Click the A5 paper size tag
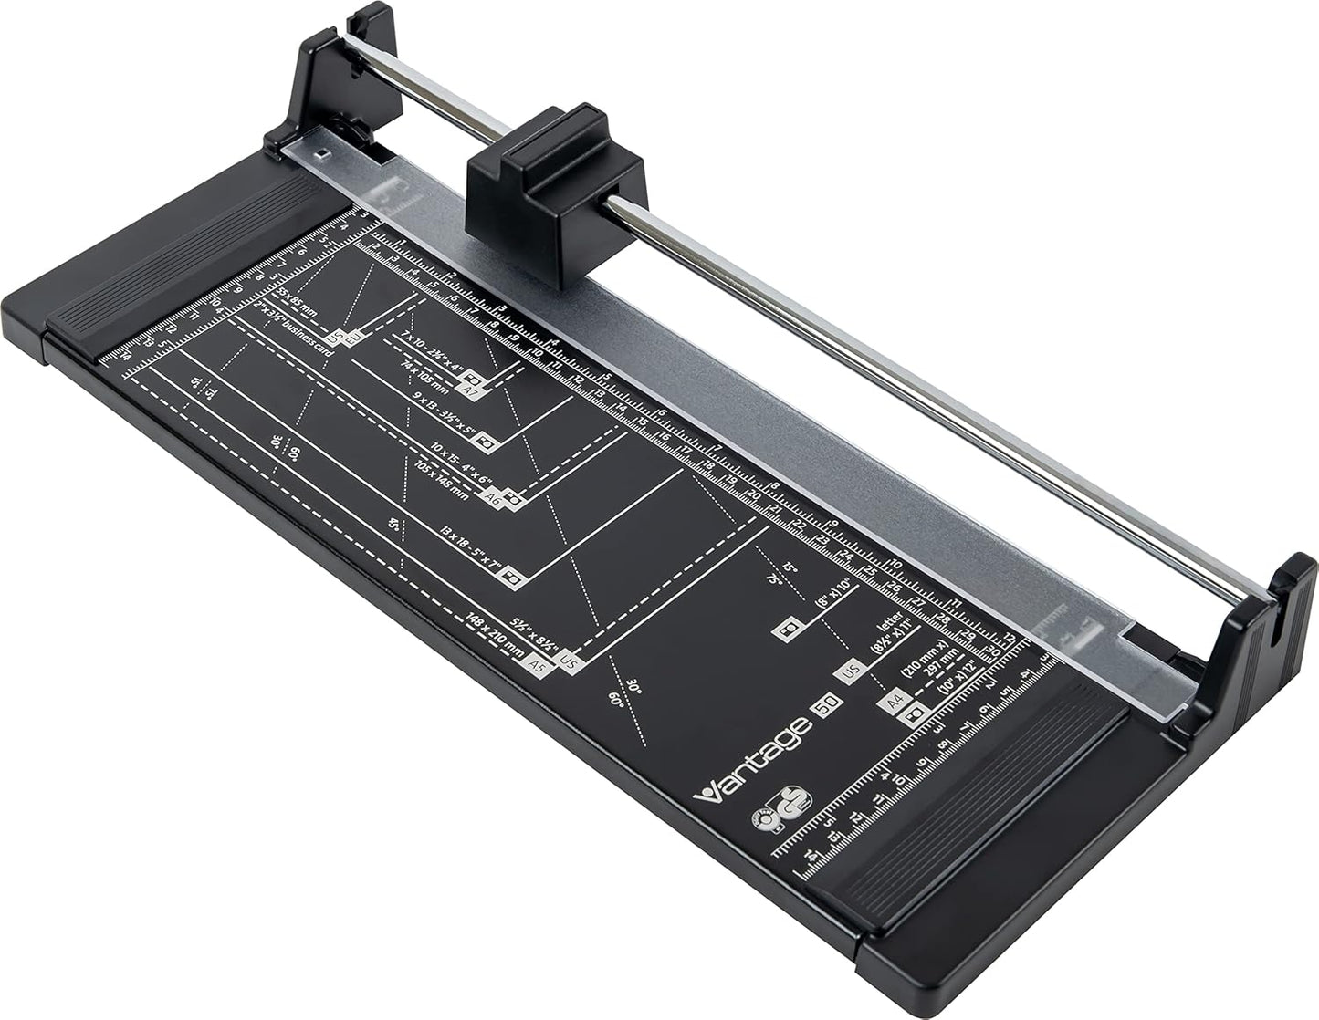(538, 665)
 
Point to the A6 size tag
(492, 496)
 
